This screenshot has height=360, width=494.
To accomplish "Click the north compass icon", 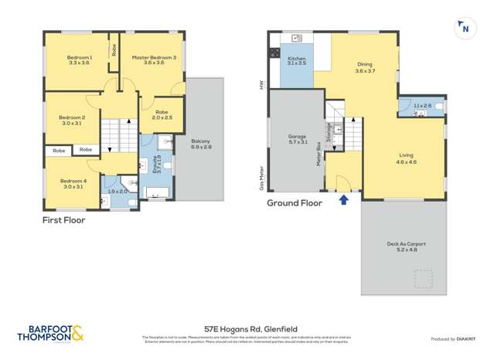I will tap(465, 29).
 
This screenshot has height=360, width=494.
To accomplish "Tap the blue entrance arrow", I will tap(343, 201).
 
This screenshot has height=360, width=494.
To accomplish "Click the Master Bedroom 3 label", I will tap(153, 60).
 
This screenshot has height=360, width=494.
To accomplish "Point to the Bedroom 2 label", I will tap(73, 121).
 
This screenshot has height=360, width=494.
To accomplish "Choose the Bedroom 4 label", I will tap(73, 183).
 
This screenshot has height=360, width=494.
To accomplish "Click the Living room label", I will tap(407, 159).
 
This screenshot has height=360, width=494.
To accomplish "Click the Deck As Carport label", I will tap(406, 247).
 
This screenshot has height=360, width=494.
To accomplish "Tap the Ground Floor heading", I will tap(295, 204).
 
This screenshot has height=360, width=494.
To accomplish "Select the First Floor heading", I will tap(64, 220).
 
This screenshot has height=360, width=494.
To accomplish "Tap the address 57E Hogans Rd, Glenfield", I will tap(247, 328).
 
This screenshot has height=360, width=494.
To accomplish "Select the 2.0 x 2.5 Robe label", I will tap(162, 114).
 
